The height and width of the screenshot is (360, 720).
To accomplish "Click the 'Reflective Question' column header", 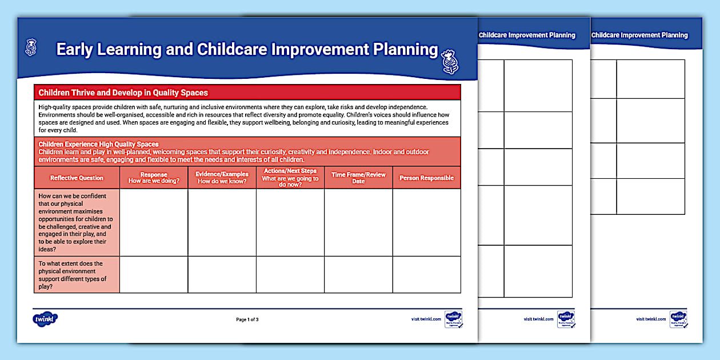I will pyautogui.click(x=77, y=178).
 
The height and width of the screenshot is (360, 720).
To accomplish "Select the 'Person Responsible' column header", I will pyautogui.click(x=426, y=178).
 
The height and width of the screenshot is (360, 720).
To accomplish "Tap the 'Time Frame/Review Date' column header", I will pyautogui.click(x=358, y=178).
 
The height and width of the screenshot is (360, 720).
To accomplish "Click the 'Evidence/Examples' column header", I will pyautogui.click(x=222, y=178).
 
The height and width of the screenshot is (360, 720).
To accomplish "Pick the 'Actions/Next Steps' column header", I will pyautogui.click(x=290, y=178).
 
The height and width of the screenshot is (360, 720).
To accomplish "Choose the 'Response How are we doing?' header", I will pyautogui.click(x=154, y=178).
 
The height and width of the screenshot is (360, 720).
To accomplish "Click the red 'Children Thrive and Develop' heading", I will pyautogui.click(x=123, y=93).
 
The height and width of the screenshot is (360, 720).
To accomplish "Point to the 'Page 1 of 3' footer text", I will pyautogui.click(x=247, y=319).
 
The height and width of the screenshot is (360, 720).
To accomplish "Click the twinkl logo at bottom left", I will pyautogui.click(x=46, y=319).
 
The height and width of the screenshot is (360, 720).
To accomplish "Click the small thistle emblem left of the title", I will pyautogui.click(x=31, y=45).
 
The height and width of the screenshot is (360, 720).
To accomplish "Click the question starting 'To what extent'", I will pyautogui.click(x=73, y=275).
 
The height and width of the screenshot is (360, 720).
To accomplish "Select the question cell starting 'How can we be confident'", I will pyautogui.click(x=76, y=222).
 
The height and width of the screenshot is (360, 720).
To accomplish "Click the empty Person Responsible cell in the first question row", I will pyautogui.click(x=426, y=222).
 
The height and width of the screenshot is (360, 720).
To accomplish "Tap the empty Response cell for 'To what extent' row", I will pyautogui.click(x=154, y=275).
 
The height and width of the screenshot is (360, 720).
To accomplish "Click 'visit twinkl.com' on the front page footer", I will pyautogui.click(x=426, y=319).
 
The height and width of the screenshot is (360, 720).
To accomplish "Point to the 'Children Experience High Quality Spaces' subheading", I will pyautogui.click(x=98, y=145).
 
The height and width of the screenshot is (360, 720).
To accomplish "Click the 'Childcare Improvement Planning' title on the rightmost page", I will pyautogui.click(x=639, y=35).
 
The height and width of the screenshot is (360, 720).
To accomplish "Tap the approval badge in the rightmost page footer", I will pyautogui.click(x=678, y=319).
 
